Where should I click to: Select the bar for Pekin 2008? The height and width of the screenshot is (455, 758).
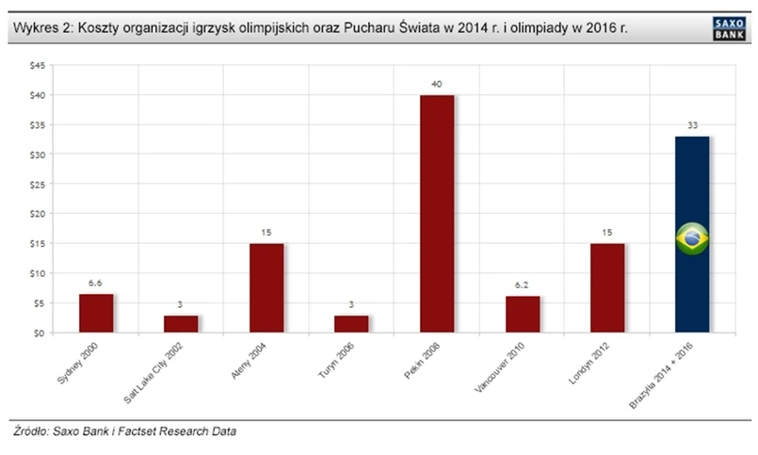coord(437,214)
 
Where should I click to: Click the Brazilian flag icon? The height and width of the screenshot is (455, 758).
coord(693,239)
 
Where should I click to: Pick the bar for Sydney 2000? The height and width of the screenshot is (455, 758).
coord(96,314)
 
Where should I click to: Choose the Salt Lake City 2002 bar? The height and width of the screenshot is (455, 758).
coord(181,324)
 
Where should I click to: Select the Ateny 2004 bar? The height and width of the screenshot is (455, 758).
coord(266,288)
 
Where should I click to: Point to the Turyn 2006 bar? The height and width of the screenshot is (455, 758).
coord(351,324)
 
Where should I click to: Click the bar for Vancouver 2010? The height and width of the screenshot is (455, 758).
coord(523,315)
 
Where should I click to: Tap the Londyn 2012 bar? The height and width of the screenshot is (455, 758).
coord(607,288)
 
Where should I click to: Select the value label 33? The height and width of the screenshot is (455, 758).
coord(692,127)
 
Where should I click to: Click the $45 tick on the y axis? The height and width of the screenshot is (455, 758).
coord(36,65)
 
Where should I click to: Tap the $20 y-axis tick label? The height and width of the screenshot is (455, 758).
coord(36,214)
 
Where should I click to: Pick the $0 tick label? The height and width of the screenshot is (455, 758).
coord(39,333)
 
